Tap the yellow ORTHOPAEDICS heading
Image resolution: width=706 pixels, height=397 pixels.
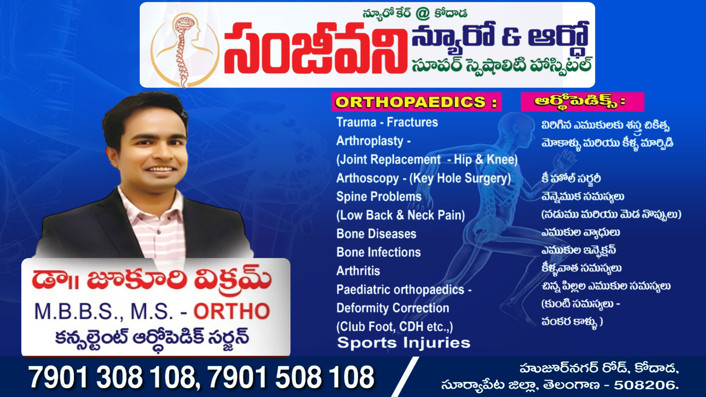416,102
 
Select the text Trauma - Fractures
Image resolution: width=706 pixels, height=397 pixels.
387,122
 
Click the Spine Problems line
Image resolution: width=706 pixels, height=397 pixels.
379,196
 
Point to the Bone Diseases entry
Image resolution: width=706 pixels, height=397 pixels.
376,234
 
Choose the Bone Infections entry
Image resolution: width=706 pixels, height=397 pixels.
378,252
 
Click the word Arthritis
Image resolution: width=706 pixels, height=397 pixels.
358,271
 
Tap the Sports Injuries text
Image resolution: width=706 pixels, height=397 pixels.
404,343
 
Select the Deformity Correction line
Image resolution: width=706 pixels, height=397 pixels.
393,308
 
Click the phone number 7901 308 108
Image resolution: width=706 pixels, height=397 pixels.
112,377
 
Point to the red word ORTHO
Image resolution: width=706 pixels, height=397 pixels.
232,311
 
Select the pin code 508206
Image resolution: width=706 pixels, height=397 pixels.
646,385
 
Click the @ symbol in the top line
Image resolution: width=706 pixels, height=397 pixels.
422,14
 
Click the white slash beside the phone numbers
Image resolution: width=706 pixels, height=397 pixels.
404,377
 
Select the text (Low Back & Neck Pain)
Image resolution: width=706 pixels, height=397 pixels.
400,215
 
